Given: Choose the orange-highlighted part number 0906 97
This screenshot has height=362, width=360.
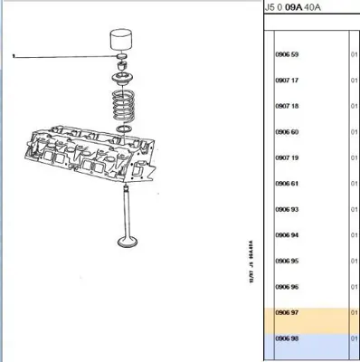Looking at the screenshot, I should coord(286,312).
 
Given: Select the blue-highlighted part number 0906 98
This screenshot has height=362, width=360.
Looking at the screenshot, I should coord(286,338).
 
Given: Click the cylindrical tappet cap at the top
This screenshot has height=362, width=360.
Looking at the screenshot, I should coord(121,43).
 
